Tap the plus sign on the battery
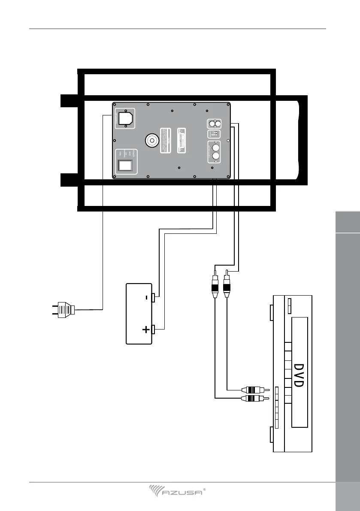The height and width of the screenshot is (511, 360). tap(146, 330)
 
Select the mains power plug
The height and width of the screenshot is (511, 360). tap(62, 309)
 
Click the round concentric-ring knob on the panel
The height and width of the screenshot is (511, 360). tap(152, 140)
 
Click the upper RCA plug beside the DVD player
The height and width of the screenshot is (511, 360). tap(256, 390)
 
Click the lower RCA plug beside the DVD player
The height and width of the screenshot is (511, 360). tap(256, 399)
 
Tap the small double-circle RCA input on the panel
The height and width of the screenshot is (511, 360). tap(215, 124)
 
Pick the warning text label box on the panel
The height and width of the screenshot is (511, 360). tap(169, 140)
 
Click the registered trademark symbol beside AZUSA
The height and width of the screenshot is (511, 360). tap(204, 489)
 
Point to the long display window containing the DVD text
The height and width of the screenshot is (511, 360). tap(299, 372)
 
